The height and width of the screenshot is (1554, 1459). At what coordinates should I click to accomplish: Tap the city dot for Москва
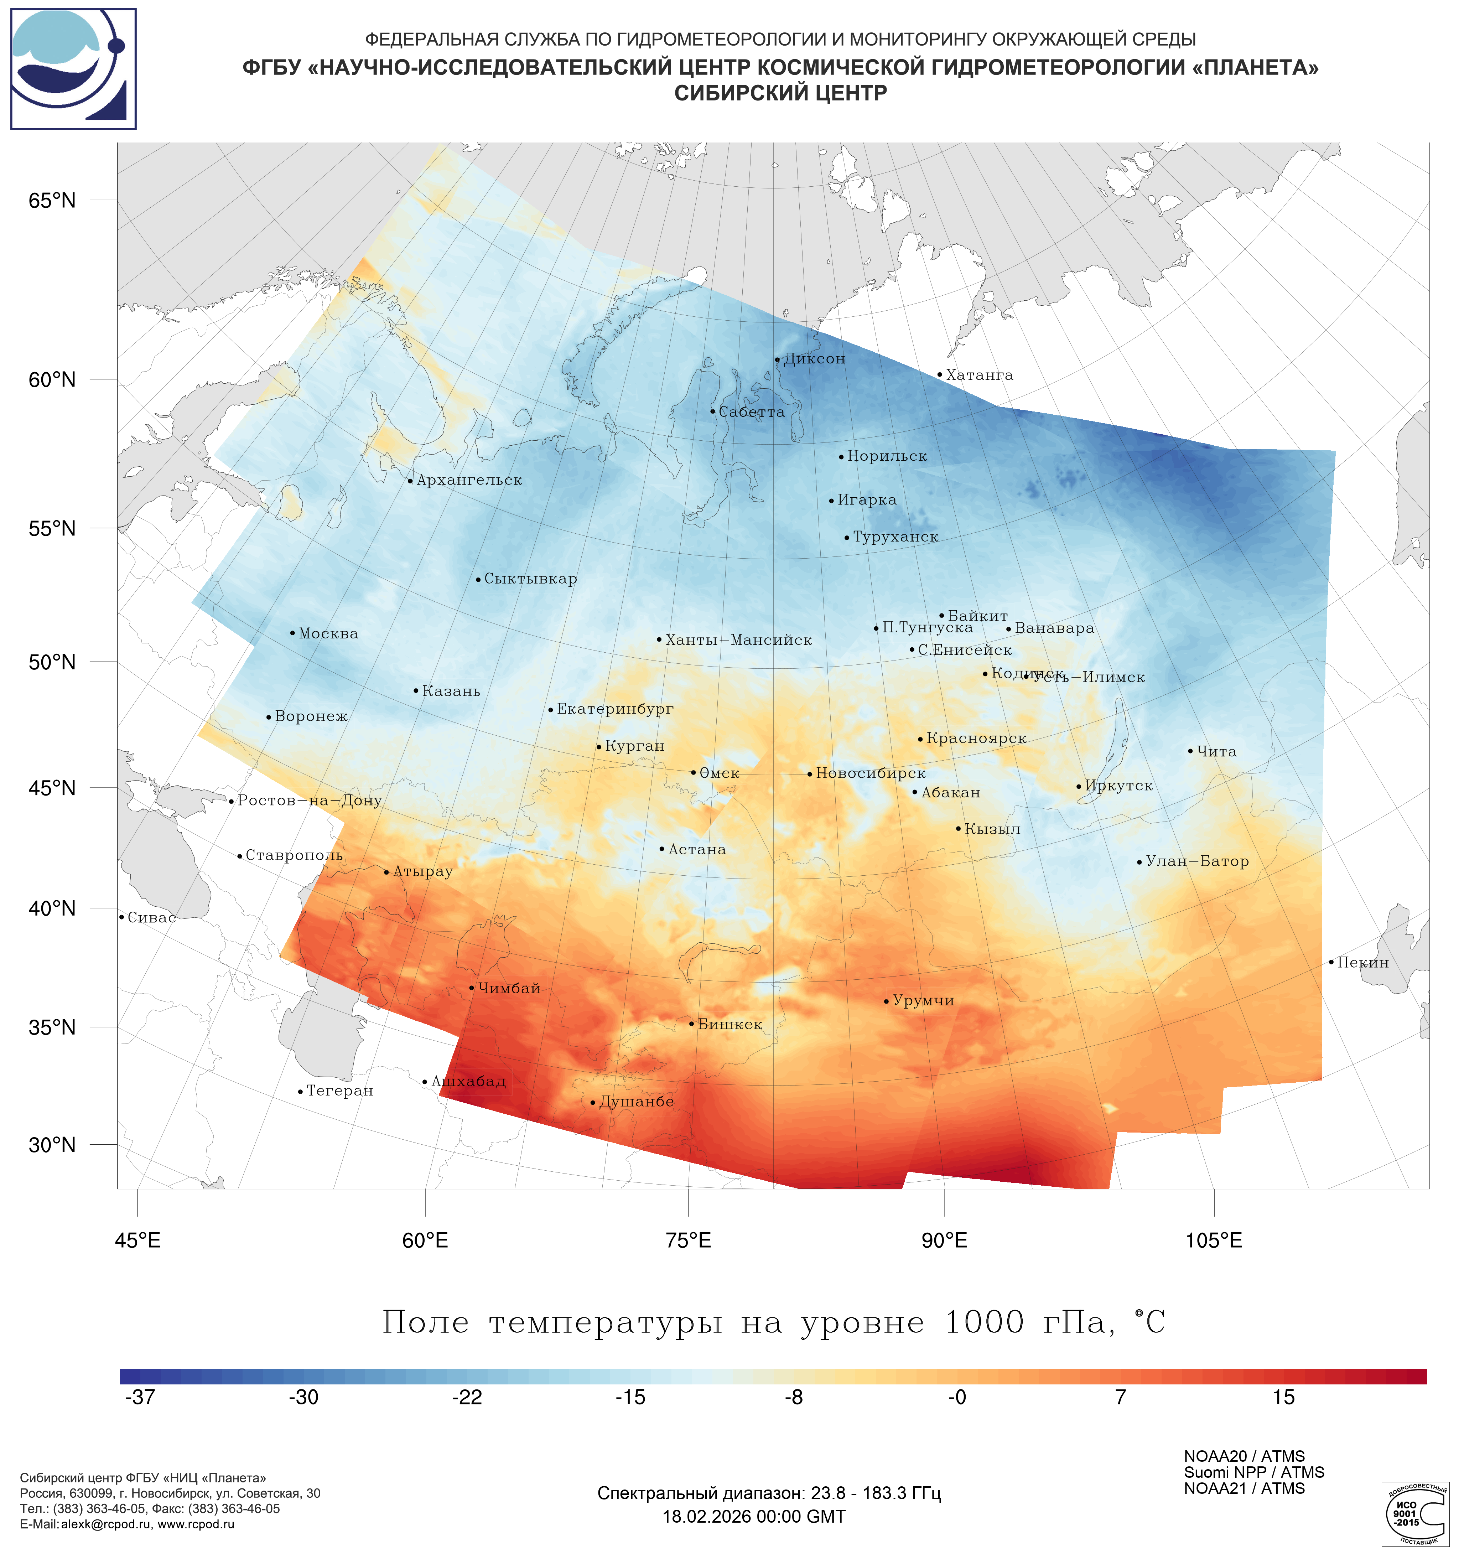(x=292, y=633)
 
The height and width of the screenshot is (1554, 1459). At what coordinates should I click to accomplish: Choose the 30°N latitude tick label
(x=52, y=1145)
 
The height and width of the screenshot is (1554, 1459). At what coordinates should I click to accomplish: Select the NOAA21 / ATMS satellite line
(x=1244, y=1488)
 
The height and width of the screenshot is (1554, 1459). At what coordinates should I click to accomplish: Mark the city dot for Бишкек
(x=692, y=1024)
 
